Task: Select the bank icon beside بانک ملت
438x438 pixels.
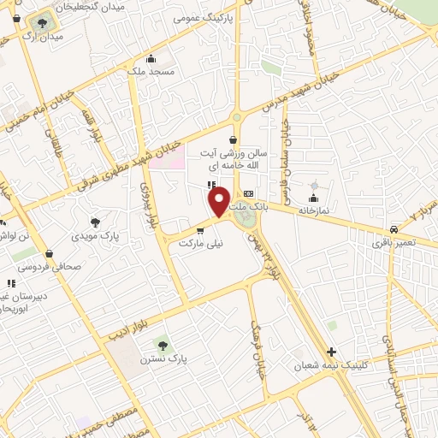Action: pyautogui.click(x=248, y=194)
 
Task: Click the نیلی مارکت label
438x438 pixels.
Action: pyautogui.click(x=199, y=243)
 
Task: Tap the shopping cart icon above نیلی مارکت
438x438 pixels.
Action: pyautogui.click(x=199, y=229)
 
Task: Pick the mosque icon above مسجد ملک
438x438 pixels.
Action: pyautogui.click(x=152, y=58)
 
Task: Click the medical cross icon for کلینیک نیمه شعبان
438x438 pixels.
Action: pyautogui.click(x=331, y=352)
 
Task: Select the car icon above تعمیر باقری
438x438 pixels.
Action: pyautogui.click(x=393, y=229)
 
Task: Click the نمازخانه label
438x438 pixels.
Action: pyautogui.click(x=313, y=209)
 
